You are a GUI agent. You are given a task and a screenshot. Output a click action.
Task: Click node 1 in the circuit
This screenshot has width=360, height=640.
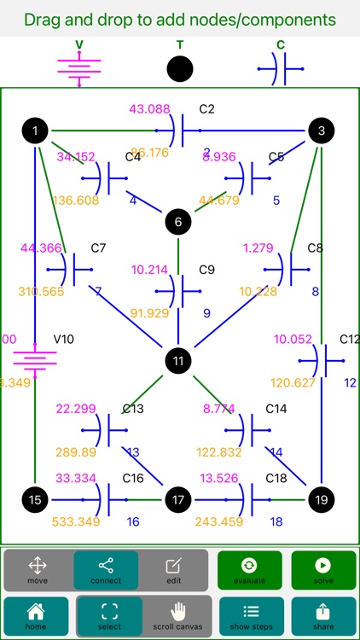[x=35, y=131]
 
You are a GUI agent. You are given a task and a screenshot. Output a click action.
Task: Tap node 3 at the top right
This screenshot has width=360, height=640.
[x=322, y=131]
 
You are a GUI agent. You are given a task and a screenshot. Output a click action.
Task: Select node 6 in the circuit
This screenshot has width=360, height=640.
[x=178, y=222]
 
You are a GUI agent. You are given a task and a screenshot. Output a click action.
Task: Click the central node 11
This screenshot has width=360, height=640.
[x=178, y=360]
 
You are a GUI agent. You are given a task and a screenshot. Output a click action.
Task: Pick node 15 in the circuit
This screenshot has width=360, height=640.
[x=35, y=499]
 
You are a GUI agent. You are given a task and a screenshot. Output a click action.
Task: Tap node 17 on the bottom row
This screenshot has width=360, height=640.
[x=178, y=499]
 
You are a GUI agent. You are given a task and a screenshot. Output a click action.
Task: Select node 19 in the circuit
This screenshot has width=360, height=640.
[x=322, y=499]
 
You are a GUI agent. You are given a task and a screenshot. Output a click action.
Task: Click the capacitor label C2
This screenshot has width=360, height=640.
[x=206, y=109]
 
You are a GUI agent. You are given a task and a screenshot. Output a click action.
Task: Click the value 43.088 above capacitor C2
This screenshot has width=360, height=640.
[x=149, y=109]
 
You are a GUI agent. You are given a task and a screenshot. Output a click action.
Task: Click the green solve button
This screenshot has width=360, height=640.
[x=323, y=570]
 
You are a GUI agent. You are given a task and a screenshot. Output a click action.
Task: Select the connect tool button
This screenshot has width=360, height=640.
[x=106, y=570]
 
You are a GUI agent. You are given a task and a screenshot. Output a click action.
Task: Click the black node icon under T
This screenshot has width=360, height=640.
[x=179, y=68]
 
